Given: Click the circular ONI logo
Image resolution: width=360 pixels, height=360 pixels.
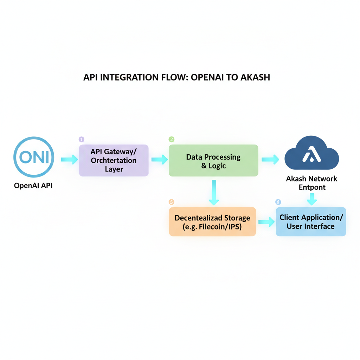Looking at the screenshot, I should [34, 157].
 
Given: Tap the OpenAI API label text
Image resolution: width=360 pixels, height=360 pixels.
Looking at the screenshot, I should [33, 186].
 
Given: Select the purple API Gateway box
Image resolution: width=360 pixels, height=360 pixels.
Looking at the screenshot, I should [114, 160].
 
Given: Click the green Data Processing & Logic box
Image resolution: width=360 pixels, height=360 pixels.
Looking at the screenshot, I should [213, 161].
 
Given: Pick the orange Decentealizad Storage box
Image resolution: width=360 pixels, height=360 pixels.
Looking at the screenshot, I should [212, 222].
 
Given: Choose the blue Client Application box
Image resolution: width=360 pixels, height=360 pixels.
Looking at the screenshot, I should [311, 221].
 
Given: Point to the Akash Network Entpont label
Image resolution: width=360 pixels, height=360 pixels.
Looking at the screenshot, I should [311, 183].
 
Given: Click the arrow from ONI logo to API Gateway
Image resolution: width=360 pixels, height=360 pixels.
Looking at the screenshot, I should [69, 160].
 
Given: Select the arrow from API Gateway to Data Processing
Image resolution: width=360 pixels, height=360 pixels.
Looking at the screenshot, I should [160, 160].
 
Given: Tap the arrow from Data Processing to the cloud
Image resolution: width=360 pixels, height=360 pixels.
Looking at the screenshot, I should [270, 159].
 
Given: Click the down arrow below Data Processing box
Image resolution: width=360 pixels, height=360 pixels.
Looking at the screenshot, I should [214, 193].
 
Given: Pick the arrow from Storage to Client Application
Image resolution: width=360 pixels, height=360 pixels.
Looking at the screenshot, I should [266, 221].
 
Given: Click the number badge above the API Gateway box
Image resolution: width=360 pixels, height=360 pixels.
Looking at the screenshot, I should [82, 140].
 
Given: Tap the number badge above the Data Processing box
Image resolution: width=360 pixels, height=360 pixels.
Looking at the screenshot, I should [172, 140].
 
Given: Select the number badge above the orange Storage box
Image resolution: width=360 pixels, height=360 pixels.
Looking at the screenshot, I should [172, 202].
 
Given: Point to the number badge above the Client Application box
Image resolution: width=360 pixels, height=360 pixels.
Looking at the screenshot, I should [278, 202].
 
